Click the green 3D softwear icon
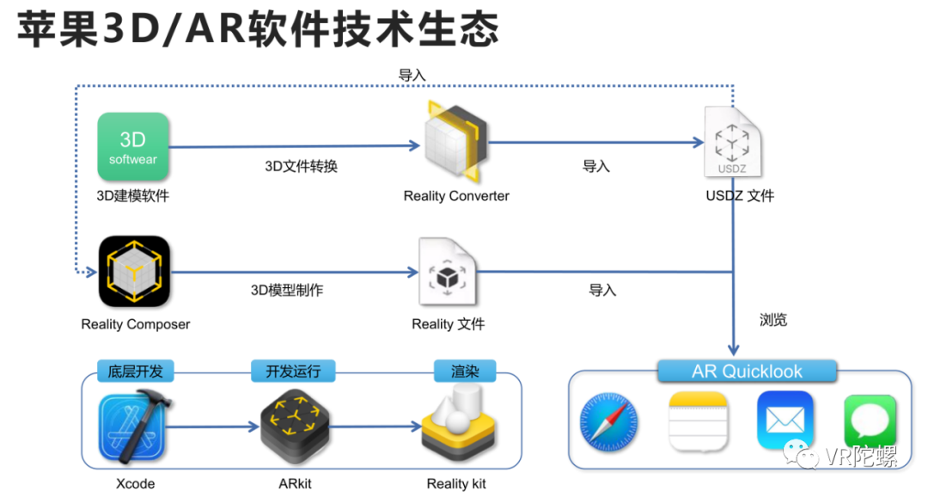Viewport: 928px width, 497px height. pos(133,147)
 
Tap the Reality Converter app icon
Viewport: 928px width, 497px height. pos(456,142)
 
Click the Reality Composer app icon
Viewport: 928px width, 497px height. pos(134,272)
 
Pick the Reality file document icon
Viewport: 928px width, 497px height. pos(447,273)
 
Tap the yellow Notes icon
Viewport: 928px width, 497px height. pos(698,420)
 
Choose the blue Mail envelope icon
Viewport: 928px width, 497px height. pos(785,420)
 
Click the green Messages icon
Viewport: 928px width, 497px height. pos(869,420)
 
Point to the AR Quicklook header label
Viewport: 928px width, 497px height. pos(747,371)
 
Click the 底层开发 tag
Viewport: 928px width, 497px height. pos(135,371)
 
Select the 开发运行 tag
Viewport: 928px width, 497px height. pos(293,371)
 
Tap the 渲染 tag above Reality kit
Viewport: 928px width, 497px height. pos(465,371)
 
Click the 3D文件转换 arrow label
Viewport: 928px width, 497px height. pos(301,166)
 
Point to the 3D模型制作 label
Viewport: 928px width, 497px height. pos(287,290)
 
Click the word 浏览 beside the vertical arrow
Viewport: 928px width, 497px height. pos(772,320)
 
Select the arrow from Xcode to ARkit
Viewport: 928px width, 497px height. pos(219,425)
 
